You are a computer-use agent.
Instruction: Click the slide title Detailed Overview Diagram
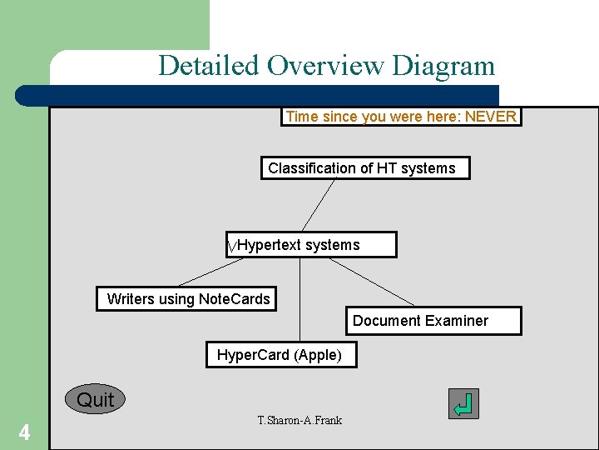click(x=326, y=65)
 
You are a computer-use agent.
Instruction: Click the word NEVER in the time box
click(x=490, y=117)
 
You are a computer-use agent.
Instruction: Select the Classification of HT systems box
click(x=364, y=168)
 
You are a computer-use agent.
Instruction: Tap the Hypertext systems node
click(x=311, y=245)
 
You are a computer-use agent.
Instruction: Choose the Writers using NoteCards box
click(x=188, y=299)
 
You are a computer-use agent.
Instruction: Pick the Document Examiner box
click(x=433, y=321)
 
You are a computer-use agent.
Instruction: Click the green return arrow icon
click(x=463, y=404)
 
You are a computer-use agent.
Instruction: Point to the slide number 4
click(x=24, y=432)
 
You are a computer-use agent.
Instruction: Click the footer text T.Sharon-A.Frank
click(x=299, y=420)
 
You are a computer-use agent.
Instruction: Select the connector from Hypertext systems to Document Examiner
click(x=372, y=282)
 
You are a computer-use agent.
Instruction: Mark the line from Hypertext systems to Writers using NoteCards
click(x=210, y=272)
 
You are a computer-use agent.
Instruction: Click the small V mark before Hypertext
click(x=232, y=247)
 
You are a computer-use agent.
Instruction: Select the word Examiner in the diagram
click(x=456, y=321)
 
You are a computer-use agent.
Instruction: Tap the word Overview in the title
click(x=326, y=65)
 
